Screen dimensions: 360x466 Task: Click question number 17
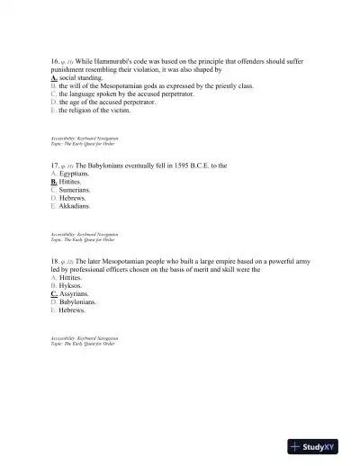pyautogui.click(x=55, y=166)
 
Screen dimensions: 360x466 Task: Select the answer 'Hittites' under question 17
pyautogui.click(x=75, y=182)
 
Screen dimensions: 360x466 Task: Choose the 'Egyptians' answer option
pyautogui.click(x=77, y=174)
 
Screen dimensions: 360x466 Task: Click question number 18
pyautogui.click(x=55, y=261)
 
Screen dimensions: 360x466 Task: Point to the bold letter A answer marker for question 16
pyautogui.click(x=54, y=77)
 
